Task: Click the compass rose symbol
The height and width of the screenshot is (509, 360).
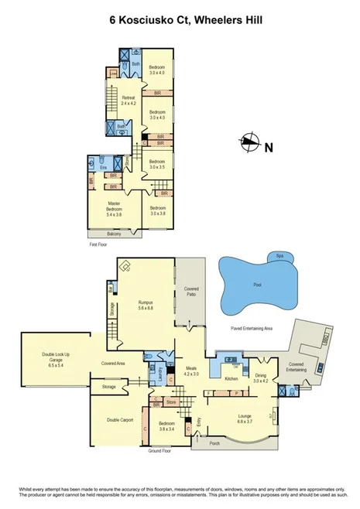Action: (x=250, y=141)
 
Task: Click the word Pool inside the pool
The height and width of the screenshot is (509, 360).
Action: (x=257, y=285)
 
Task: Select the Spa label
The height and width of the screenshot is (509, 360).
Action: (x=279, y=256)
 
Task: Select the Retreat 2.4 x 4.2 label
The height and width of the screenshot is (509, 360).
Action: (x=129, y=100)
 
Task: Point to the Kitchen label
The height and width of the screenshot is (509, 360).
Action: (x=230, y=379)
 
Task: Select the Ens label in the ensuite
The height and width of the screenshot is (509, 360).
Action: (x=103, y=166)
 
